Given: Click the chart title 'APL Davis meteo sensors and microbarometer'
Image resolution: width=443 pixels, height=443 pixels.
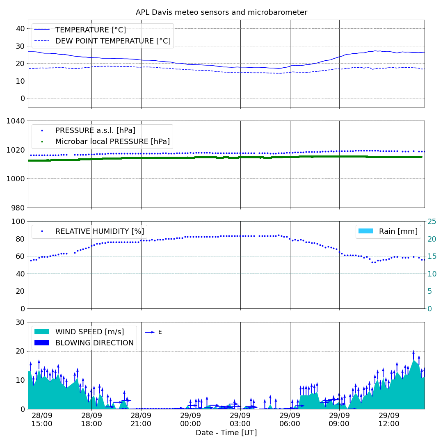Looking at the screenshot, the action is [x=221, y=12].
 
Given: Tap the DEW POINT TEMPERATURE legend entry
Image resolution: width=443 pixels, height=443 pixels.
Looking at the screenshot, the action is [x=102, y=41].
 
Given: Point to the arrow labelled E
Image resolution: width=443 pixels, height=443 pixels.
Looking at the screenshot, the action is [x=150, y=332].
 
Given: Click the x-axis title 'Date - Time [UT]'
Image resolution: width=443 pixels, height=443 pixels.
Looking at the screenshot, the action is [x=226, y=433].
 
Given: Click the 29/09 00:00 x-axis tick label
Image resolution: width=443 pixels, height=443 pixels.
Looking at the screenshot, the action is [x=190, y=420].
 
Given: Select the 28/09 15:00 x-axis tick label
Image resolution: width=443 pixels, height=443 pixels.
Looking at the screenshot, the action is [x=42, y=420].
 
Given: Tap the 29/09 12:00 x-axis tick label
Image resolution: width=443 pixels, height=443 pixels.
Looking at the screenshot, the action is [x=389, y=420].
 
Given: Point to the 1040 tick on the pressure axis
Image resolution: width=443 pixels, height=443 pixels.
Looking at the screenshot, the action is [x=16, y=121].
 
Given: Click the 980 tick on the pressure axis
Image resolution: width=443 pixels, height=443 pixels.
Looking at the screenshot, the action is [x=18, y=208].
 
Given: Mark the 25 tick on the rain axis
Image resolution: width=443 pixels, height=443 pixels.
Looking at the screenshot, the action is [x=432, y=221].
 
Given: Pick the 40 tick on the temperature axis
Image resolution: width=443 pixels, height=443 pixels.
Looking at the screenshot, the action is [x=21, y=29].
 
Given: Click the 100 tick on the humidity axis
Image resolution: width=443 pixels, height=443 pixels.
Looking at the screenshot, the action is [x=18, y=221].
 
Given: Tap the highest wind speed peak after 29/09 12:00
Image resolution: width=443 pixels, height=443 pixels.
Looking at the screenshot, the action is [x=413, y=360].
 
